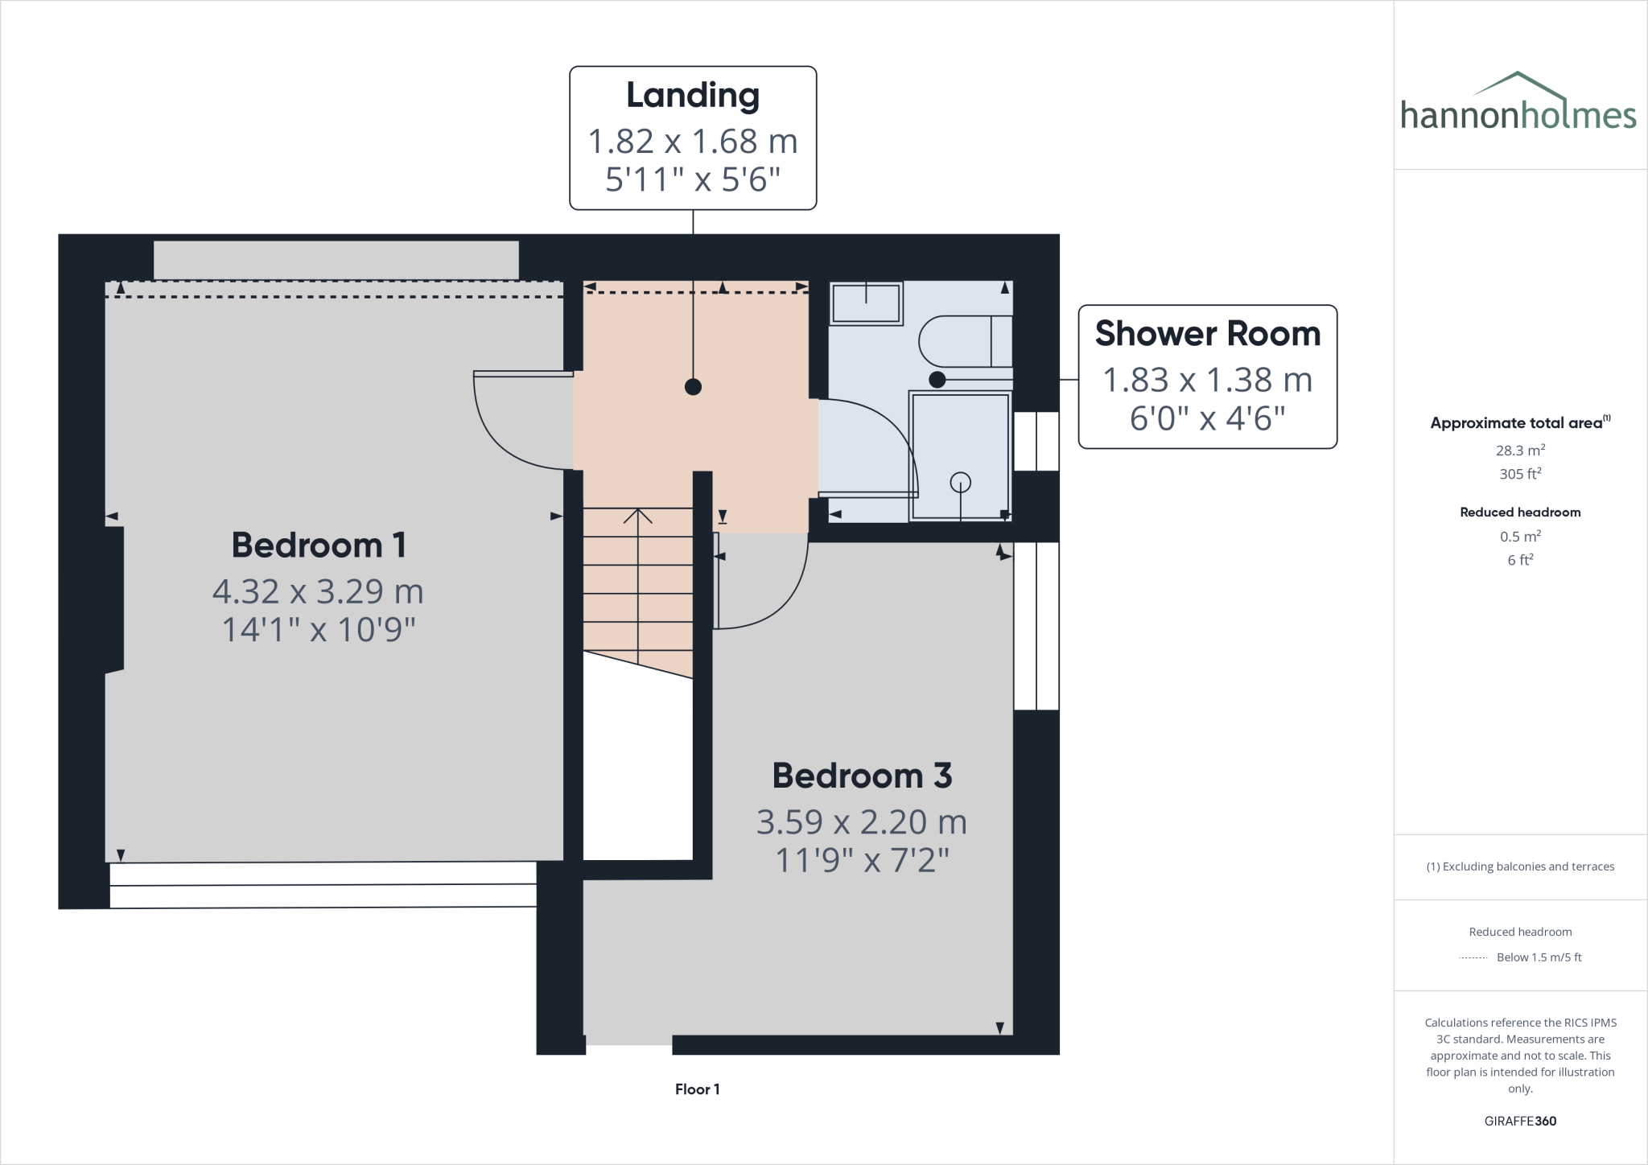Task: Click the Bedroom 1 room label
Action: tap(319, 545)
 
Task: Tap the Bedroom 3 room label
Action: tap(862, 776)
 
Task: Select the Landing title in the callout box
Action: tap(693, 95)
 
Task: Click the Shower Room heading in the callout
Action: tap(1207, 333)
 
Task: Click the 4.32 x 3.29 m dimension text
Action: tap(318, 591)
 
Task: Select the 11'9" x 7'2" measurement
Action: tap(862, 861)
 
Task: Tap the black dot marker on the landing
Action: tap(693, 387)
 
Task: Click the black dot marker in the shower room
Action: tap(937, 379)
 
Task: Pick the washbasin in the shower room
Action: tap(866, 303)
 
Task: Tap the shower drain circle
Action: tap(960, 482)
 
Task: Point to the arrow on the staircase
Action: tap(638, 517)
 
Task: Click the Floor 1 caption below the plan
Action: tap(697, 1089)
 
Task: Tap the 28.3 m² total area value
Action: tap(1520, 451)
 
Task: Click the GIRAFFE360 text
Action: tap(1520, 1121)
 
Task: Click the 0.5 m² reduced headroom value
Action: tap(1520, 537)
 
